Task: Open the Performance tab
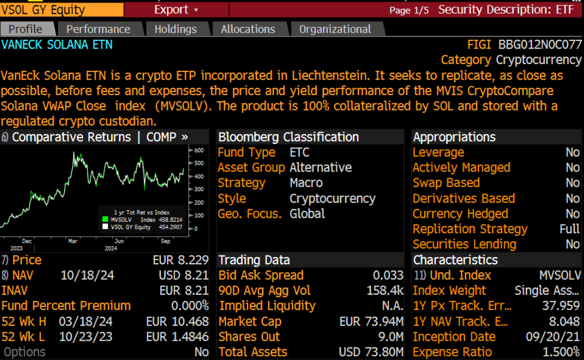tap(98, 29)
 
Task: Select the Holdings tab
tap(175, 29)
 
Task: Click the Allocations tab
tap(248, 29)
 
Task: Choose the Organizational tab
tap(335, 29)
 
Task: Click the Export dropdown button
tap(176, 9)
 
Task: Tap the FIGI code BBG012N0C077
tap(540, 45)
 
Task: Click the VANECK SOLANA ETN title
tap(57, 45)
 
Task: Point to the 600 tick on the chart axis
tap(199, 150)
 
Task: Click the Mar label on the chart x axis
tap(73, 241)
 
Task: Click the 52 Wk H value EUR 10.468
tap(177, 321)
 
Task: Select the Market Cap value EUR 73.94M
tap(371, 321)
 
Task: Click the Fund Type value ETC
tap(299, 153)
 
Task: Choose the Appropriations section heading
tap(454, 137)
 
